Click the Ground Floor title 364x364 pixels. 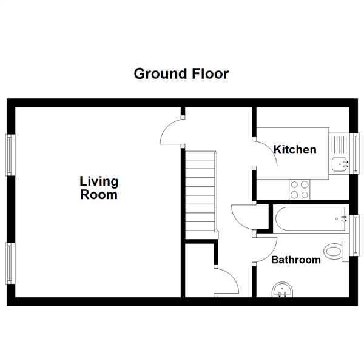pyautogui.click(x=181, y=74)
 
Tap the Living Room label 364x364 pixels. pyautogui.click(x=99, y=188)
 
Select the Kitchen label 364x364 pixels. pyautogui.click(x=295, y=150)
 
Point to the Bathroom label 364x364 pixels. pyautogui.click(x=296, y=260)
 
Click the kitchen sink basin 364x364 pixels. pyautogui.click(x=339, y=164)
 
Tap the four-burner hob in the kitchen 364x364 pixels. pyautogui.click(x=300, y=190)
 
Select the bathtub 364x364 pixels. pyautogui.click(x=311, y=218)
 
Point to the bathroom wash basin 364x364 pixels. pyautogui.click(x=282, y=290)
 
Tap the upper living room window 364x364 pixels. pyautogui.click(x=10, y=155)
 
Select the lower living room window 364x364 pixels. pyautogui.click(x=10, y=263)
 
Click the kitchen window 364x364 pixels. pyautogui.click(x=355, y=153)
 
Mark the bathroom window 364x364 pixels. pyautogui.click(x=355, y=235)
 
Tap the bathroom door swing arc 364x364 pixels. pyautogui.click(x=272, y=254)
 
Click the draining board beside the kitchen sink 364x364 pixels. pyautogui.click(x=339, y=145)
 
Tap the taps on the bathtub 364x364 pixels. pyautogui.click(x=343, y=218)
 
